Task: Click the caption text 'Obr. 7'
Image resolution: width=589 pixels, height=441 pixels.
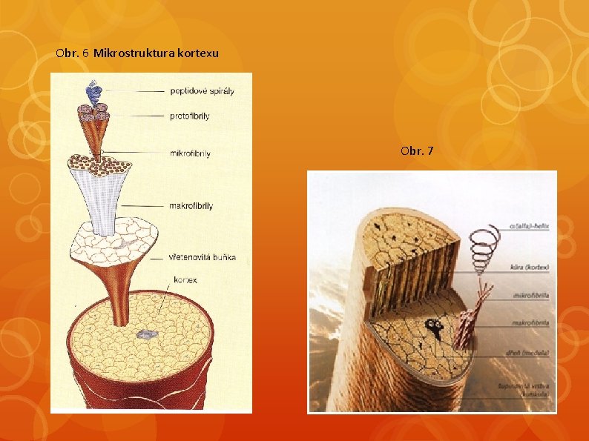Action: pyautogui.click(x=417, y=152)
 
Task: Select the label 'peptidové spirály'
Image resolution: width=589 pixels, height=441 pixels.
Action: pyautogui.click(x=202, y=91)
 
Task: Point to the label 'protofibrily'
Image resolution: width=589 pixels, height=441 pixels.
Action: pyautogui.click(x=191, y=116)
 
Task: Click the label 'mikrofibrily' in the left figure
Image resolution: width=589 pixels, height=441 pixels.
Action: pyautogui.click(x=191, y=154)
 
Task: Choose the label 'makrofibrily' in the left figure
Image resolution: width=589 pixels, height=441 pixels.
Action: pyautogui.click(x=191, y=206)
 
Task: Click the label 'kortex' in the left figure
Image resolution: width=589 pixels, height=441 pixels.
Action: pyautogui.click(x=185, y=280)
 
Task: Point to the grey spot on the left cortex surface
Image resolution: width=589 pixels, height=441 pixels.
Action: pyautogui.click(x=148, y=335)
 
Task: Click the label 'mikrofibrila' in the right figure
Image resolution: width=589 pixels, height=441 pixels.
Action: pyautogui.click(x=531, y=296)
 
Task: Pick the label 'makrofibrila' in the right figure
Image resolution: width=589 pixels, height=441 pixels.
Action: pyautogui.click(x=531, y=323)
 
